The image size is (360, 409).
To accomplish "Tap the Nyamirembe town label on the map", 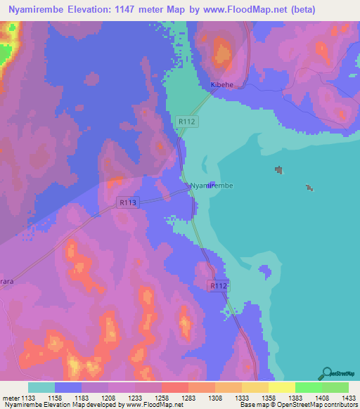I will pos(212,186).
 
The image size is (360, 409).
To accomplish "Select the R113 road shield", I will pos(127,202).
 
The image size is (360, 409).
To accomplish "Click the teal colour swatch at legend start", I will pos(41,387).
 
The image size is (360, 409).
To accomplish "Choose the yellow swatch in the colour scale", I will pos(281,387).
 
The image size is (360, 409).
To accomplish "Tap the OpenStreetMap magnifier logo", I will pos(326,374).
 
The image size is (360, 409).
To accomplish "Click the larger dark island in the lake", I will pos(279,170).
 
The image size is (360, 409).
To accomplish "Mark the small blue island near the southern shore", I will pos(264,270).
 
